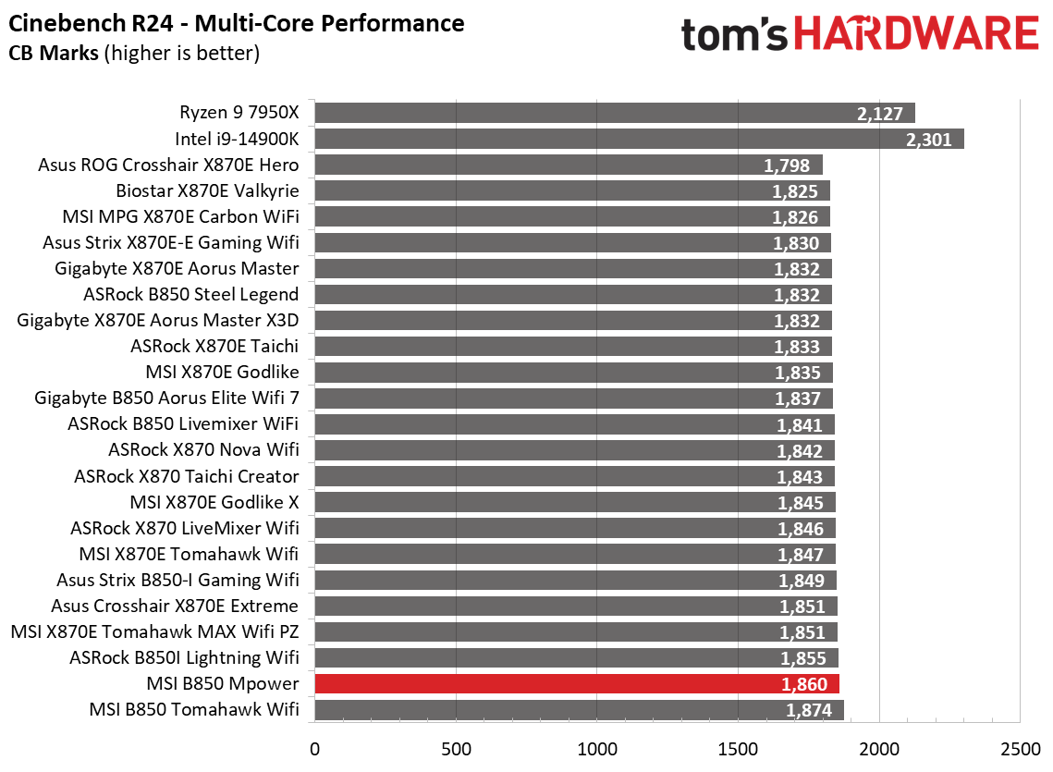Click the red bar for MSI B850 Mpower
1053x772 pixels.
[x=577, y=684]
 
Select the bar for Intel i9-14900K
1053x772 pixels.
[x=639, y=139]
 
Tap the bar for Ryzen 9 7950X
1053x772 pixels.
[x=615, y=113]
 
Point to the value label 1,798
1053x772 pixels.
[x=788, y=166]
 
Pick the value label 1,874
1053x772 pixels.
[x=809, y=711]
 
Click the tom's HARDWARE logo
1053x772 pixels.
[x=860, y=35]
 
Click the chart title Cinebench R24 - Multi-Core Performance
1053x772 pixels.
[x=237, y=22]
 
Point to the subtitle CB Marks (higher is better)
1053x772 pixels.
[x=134, y=54]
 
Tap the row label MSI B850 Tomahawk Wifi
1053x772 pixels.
[x=194, y=710]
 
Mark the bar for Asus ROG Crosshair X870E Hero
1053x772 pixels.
[x=569, y=165]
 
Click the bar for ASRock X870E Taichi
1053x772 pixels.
[x=573, y=347]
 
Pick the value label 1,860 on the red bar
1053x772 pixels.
[x=804, y=685]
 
